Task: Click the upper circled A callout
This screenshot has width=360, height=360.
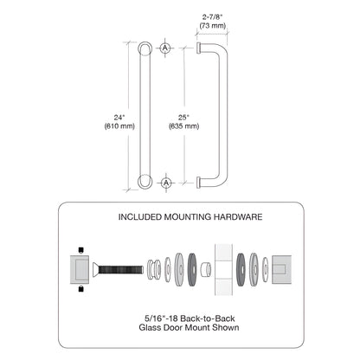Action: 167,48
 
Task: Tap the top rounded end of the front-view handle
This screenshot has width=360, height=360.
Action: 145,48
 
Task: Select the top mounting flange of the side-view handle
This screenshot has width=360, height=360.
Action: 200,48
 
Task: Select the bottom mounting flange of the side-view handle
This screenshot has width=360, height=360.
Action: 200,182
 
